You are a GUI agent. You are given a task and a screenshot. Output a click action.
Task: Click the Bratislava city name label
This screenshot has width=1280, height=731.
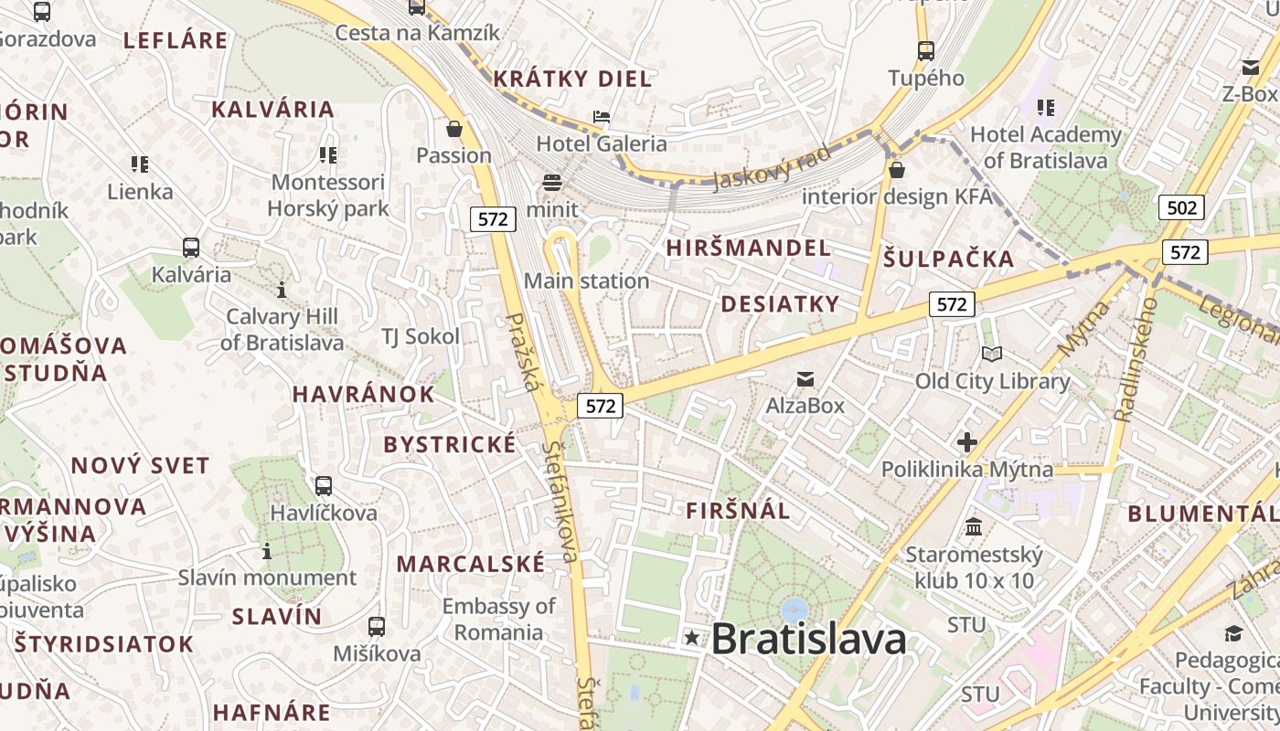click(x=809, y=639)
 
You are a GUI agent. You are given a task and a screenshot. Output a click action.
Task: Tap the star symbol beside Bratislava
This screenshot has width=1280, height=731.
click(x=692, y=638)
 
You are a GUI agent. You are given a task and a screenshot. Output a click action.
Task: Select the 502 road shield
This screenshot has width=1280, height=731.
click(x=1181, y=207)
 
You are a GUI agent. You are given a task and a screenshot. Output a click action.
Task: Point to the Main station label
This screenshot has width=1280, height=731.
click(x=586, y=281)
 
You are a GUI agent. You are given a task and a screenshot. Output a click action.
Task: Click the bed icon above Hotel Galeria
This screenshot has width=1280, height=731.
click(x=602, y=117)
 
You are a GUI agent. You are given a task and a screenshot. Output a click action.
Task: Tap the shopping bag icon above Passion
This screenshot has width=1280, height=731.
click(x=454, y=129)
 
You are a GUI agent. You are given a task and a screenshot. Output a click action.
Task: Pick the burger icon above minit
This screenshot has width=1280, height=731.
click(x=552, y=182)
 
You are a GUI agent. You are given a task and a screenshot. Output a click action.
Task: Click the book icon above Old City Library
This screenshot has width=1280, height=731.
click(x=991, y=354)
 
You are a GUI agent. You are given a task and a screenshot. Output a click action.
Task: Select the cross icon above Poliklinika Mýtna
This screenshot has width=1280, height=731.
click(x=966, y=443)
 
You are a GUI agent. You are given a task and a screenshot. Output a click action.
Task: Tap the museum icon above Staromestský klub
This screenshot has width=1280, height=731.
click(x=974, y=527)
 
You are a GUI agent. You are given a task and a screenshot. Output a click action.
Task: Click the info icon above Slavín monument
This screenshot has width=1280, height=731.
click(x=267, y=551)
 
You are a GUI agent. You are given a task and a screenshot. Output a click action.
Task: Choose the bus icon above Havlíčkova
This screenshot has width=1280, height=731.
click(x=323, y=486)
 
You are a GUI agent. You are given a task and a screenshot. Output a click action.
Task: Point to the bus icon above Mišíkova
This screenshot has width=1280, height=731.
click(x=377, y=627)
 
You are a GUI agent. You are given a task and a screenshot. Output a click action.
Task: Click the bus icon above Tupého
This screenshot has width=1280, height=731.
click(x=926, y=51)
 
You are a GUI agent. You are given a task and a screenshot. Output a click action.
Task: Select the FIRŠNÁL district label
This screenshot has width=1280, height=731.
click(x=738, y=511)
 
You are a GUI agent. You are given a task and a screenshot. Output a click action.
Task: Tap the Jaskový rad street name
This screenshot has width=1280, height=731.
click(x=771, y=166)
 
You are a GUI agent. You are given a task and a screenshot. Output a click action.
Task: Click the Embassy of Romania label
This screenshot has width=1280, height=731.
click(x=498, y=619)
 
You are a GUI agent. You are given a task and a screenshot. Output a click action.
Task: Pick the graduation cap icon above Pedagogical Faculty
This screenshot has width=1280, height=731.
click(x=1233, y=633)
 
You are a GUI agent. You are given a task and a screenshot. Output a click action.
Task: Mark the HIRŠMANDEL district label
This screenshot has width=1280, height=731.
click(x=748, y=248)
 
